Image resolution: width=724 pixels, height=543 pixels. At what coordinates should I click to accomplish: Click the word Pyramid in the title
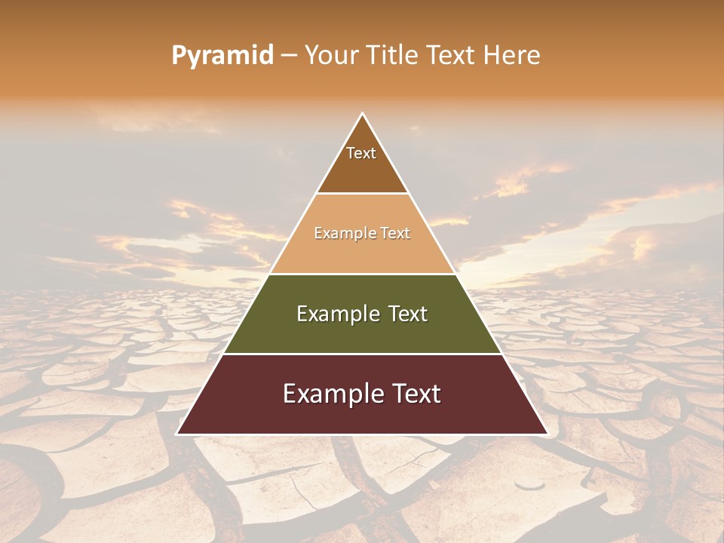click(x=222, y=56)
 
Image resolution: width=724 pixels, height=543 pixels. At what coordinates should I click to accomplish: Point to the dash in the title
click(x=288, y=56)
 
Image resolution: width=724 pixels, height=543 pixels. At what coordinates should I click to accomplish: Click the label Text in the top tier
click(x=361, y=153)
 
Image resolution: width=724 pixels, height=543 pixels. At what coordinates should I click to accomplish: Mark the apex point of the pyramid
click(x=363, y=114)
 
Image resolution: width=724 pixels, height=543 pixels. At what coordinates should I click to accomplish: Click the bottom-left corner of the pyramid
click(x=177, y=434)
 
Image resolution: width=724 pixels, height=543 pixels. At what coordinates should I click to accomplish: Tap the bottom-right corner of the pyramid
click(x=547, y=434)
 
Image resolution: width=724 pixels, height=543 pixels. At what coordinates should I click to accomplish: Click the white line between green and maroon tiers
click(x=362, y=354)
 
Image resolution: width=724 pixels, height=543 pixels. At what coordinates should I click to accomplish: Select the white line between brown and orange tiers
click(x=362, y=194)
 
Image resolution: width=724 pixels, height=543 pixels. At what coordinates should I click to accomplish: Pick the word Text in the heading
click(x=449, y=56)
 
